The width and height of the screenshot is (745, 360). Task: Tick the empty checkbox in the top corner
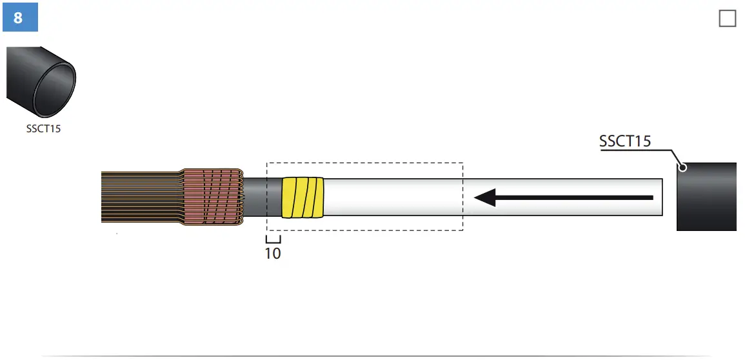point(727,19)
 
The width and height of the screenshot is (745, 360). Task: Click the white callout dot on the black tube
point(682,168)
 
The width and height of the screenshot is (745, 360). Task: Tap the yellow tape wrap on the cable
point(303,197)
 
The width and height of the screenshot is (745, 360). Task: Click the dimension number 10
point(273,254)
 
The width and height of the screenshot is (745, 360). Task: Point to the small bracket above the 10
point(273,239)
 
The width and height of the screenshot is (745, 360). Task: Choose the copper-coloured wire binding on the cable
point(211,196)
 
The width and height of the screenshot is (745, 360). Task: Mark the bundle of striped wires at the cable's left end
point(139,197)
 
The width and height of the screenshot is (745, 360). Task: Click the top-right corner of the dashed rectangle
point(462,163)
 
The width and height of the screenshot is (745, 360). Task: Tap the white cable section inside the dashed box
point(393,197)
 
